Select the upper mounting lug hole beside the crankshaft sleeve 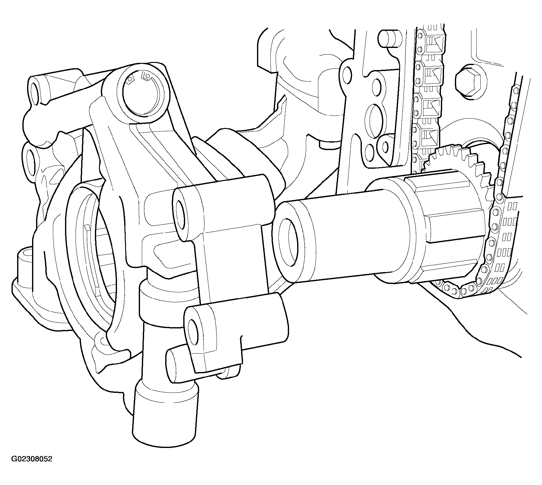coord(180,213)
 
